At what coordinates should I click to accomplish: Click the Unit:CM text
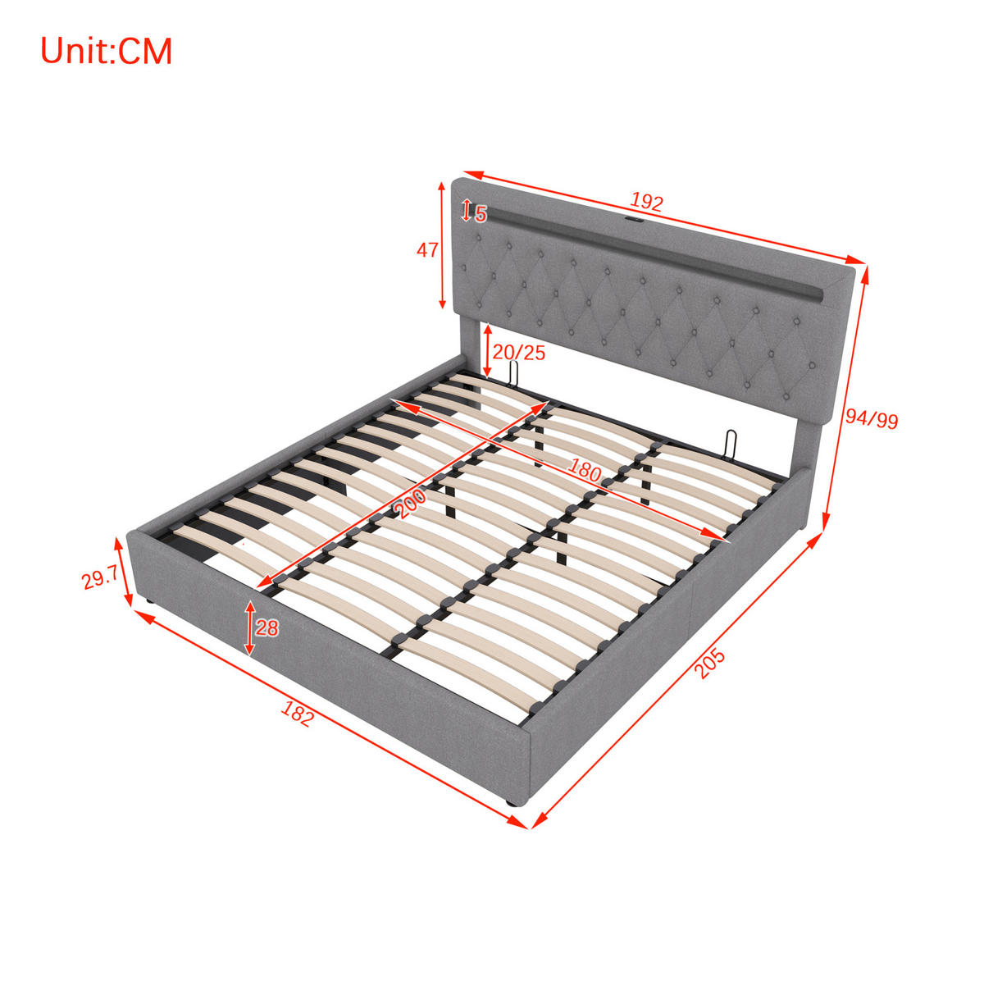[x=107, y=51]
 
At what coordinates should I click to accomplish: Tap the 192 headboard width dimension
[x=645, y=202]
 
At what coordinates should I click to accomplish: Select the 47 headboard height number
[x=427, y=250]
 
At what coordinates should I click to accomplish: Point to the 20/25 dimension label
[x=519, y=352]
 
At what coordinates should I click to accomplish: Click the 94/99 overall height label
[x=872, y=418]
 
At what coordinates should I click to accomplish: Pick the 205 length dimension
[x=710, y=664]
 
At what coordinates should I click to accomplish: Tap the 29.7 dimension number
[x=100, y=578]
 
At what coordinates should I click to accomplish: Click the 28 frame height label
[x=266, y=627]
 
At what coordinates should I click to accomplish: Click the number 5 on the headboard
[x=481, y=214]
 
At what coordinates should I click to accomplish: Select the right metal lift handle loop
[x=731, y=445]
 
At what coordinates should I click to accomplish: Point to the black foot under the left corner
[x=149, y=602]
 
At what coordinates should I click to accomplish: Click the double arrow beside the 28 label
[x=250, y=628]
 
